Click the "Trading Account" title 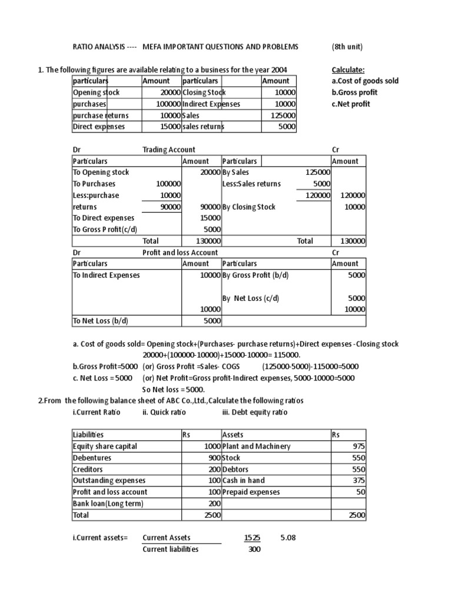coord(169,150)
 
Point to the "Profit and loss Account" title coord(180,252)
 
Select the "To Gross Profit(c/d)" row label coord(104,230)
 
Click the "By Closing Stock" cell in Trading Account coord(249,207)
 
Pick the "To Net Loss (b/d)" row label coord(100,320)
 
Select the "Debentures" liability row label coord(92,458)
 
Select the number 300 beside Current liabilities coord(254,549)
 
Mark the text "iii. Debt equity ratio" coord(255,412)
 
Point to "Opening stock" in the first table coord(96,92)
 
